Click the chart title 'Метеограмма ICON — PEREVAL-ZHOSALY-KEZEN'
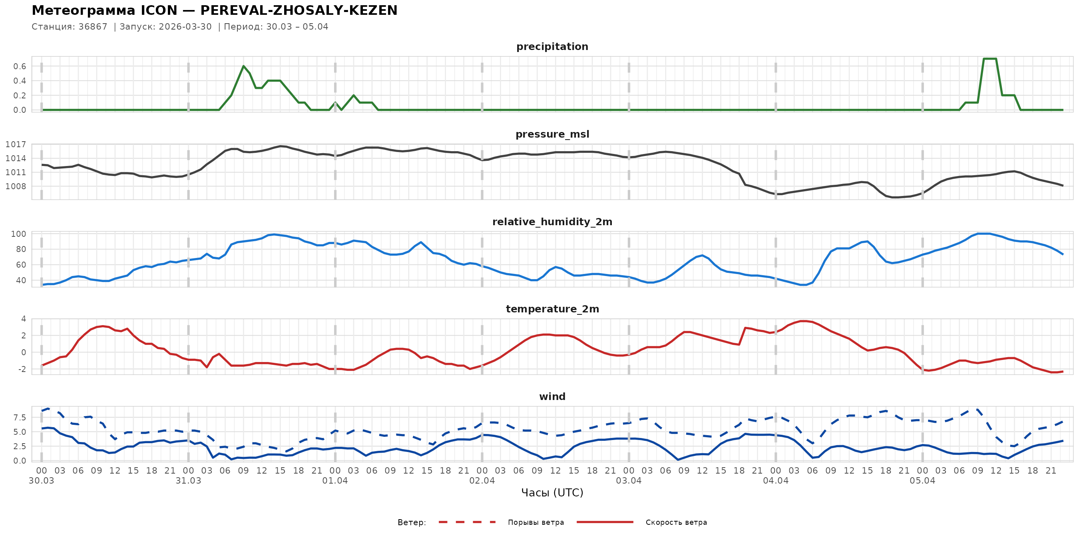click(x=215, y=10)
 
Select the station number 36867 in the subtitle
click(x=93, y=27)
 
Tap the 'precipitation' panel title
click(x=552, y=46)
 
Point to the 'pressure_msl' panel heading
click(x=552, y=134)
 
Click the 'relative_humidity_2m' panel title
click(x=552, y=222)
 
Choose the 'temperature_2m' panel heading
click(x=552, y=309)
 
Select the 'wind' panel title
click(x=552, y=397)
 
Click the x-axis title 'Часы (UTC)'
click(x=552, y=493)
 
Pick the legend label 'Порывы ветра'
click(x=536, y=522)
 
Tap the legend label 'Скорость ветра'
click(x=676, y=522)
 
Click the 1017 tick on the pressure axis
click(x=16, y=145)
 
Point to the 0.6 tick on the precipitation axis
click(x=19, y=66)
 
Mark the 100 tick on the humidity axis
click(x=18, y=234)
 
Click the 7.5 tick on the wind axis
click(x=19, y=418)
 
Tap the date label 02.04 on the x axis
click(x=482, y=481)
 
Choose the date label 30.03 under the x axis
click(x=42, y=481)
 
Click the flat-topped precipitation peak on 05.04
click(x=989, y=59)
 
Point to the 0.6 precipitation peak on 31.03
click(x=243, y=66)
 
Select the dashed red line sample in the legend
click(x=467, y=522)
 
